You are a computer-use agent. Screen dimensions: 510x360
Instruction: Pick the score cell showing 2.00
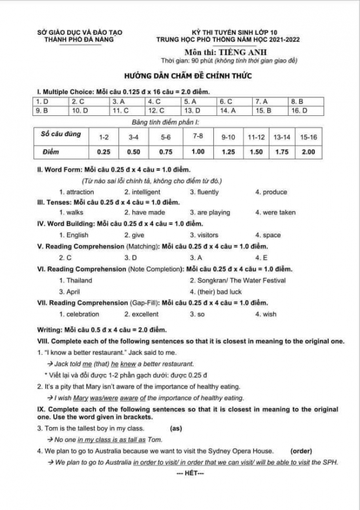(308, 152)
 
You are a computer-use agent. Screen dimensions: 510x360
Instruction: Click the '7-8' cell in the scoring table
(198, 136)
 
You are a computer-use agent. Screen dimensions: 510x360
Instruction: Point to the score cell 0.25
(104, 152)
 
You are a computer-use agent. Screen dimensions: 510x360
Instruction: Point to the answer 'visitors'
(208, 235)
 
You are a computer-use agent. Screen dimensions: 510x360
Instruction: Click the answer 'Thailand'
(79, 280)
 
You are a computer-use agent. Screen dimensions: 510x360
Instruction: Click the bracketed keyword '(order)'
(301, 450)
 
